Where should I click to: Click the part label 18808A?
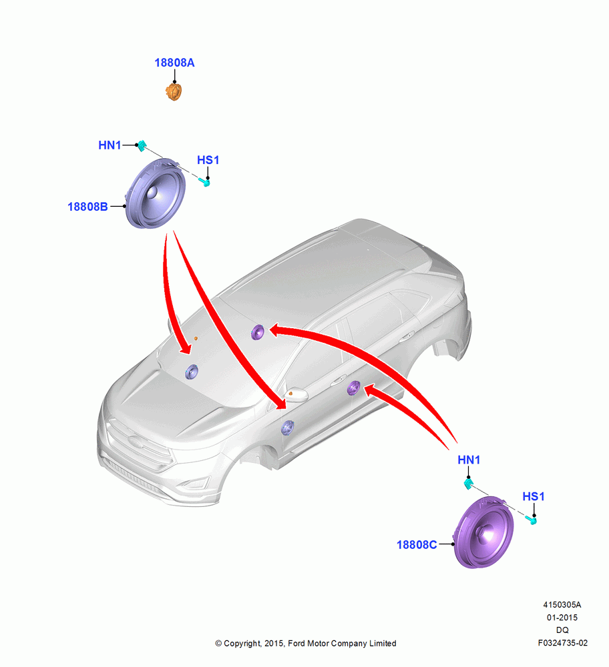point(174,63)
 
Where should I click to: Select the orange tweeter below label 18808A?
point(174,92)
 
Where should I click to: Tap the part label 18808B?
point(87,207)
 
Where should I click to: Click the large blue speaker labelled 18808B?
point(156,193)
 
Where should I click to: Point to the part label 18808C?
point(417,545)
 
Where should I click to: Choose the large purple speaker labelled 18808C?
point(483,532)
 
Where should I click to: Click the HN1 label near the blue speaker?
point(110,145)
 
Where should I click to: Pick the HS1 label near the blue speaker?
point(208,160)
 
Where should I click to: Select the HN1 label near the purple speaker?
point(469,460)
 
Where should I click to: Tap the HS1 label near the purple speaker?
point(533,496)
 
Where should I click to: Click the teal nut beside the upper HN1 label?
point(142,145)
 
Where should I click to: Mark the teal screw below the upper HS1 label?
point(205,183)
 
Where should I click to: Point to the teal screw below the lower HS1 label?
point(531,520)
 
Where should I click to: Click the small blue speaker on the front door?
point(288,428)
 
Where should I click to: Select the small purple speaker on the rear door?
point(353,388)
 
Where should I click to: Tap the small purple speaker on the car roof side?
point(258,331)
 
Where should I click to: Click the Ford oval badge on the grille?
point(136,442)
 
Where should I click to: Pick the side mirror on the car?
point(296,395)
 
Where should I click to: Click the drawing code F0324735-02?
point(562,643)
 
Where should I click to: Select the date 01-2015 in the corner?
point(562,618)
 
